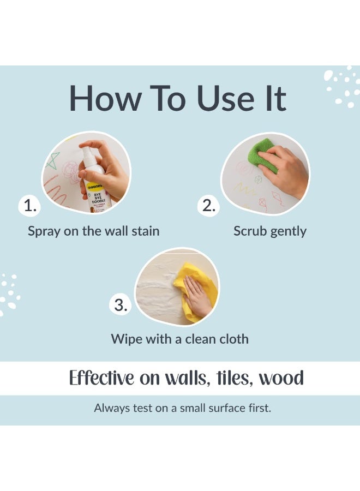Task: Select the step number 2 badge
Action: pos(208,206)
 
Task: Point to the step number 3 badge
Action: pos(121,304)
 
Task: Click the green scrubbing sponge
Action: pos(262,155)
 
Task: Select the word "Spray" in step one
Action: pos(44,232)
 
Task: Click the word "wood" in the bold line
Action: pos(281,378)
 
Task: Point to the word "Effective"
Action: pos(101,378)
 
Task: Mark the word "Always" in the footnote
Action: pos(111,408)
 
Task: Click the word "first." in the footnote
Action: pos(260,408)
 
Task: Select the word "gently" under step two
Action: pos(289,232)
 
